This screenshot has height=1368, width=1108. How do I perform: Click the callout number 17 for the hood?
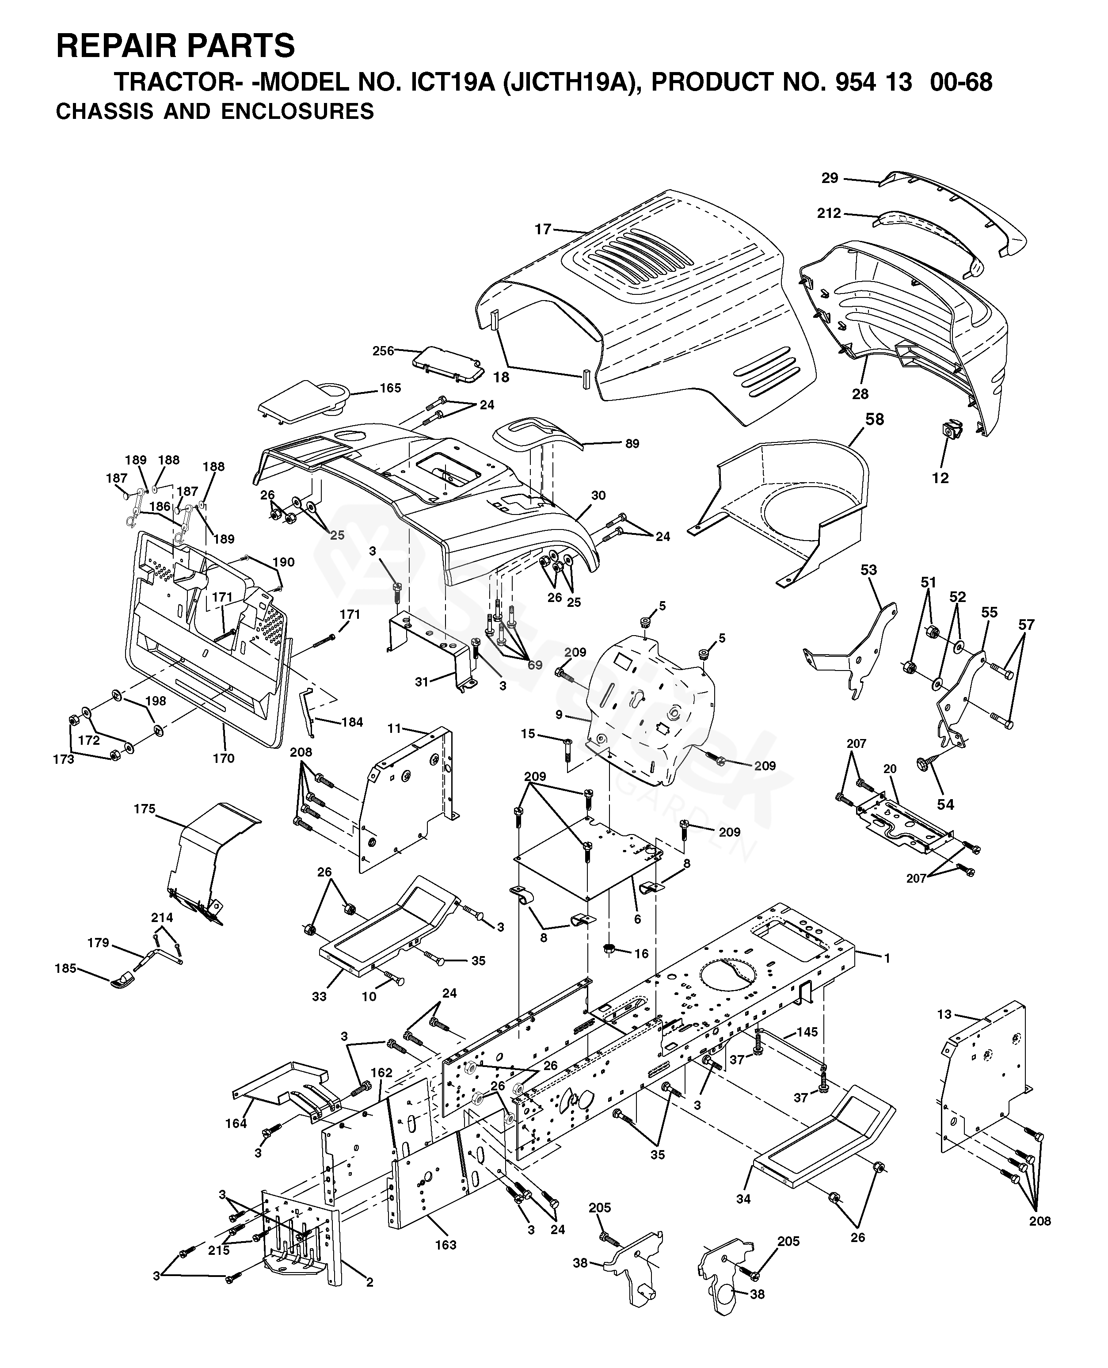tap(543, 229)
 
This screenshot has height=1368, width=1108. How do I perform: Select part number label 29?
tap(829, 178)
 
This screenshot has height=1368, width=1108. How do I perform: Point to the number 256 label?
tap(383, 351)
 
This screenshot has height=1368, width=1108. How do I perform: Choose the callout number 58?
tap(874, 419)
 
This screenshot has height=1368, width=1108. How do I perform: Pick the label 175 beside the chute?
tap(144, 809)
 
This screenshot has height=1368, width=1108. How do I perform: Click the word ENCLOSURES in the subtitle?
tap(297, 112)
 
